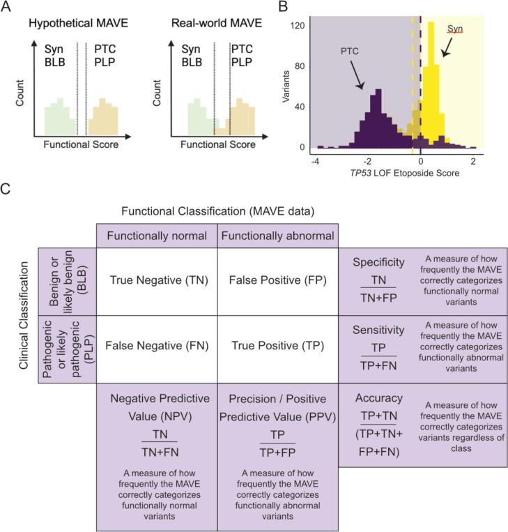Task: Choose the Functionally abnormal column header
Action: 277,235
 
